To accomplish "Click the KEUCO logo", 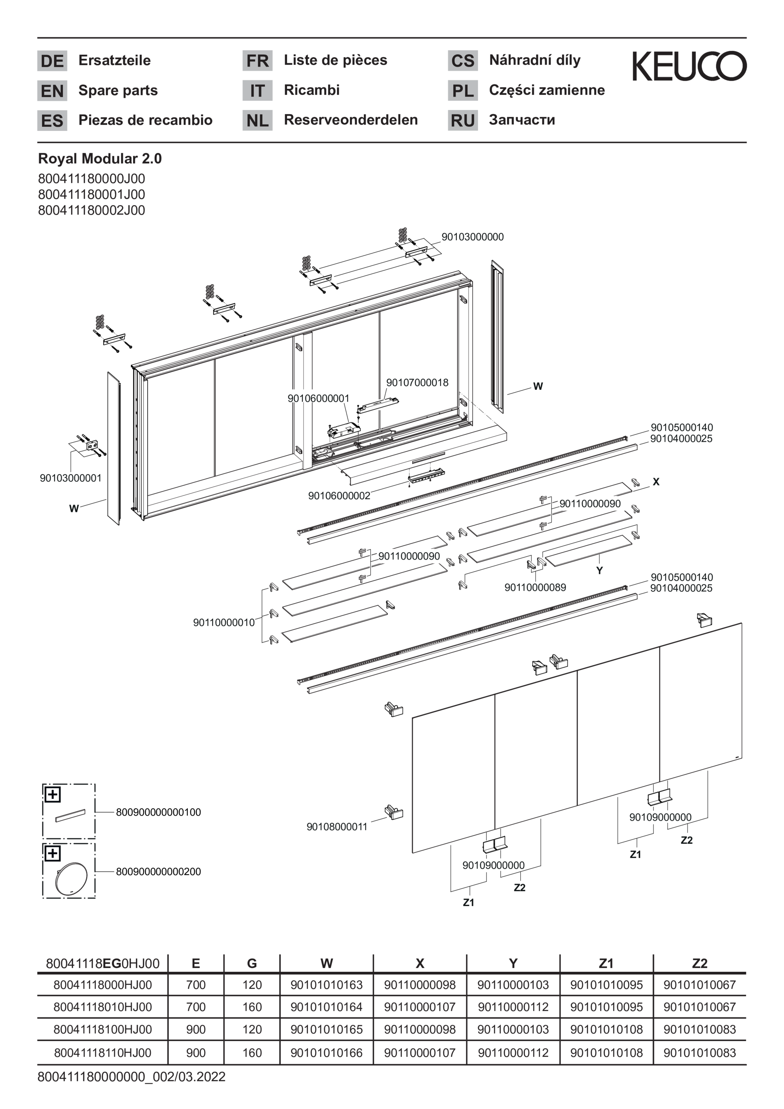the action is pos(689,66).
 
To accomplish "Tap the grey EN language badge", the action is pos(52,91).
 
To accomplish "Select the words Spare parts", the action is pos(118,90).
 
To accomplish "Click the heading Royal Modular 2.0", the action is pos(100,158).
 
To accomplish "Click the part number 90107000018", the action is pos(417,383).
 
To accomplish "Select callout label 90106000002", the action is pos(339,496).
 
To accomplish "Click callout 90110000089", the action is pos(535,587).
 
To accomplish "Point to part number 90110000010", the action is pos(224,623).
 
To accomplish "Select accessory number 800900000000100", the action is pos(158,812).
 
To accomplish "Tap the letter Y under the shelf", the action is pos(600,570).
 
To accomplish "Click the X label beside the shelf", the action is pos(656,482).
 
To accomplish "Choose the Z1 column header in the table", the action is pos(606,963).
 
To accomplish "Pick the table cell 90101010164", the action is pos(327,1007).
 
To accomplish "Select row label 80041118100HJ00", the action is pos(102,1029).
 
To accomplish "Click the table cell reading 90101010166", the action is pos(327,1052).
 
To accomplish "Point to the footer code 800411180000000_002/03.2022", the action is pos(131,1077).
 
